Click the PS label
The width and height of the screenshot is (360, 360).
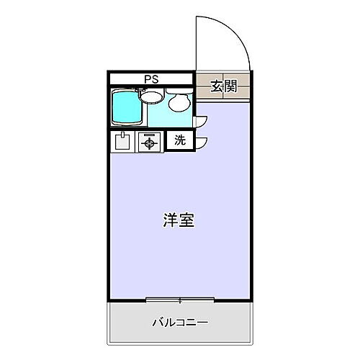tap(150, 79)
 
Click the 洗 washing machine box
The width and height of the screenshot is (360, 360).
tap(180, 141)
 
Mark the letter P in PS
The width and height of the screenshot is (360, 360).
tap(147, 79)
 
